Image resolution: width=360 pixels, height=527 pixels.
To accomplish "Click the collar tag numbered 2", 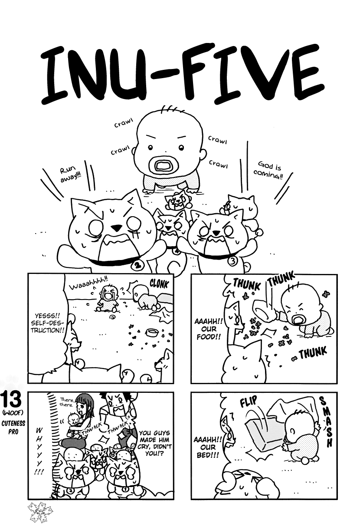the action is [x=138, y=265].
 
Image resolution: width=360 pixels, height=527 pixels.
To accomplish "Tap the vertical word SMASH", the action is [x=324, y=422].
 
